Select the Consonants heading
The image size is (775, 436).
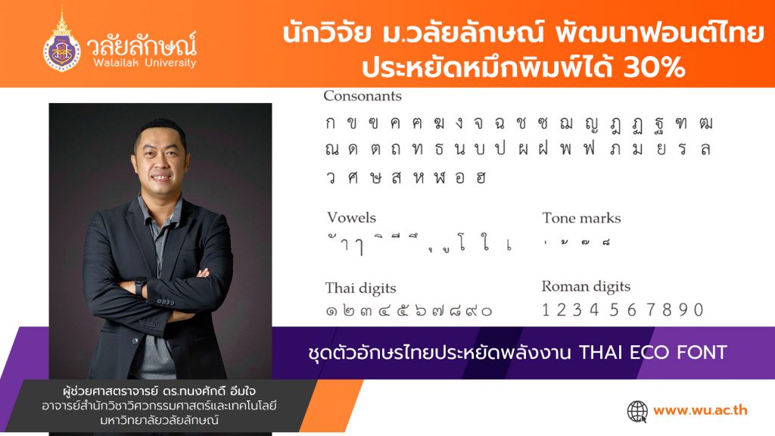coord(363,96)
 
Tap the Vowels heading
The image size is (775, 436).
coord(351,218)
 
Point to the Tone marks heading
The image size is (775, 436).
coord(581,218)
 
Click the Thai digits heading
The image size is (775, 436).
coord(360,288)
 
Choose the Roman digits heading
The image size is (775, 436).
coord(586,287)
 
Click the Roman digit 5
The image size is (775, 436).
coord(612,310)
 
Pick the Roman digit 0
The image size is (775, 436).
coord(698,310)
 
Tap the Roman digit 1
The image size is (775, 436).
coord(546,310)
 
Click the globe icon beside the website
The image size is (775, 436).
coord(637,411)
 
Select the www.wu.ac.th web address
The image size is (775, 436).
coord(700,411)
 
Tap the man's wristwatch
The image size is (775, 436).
coord(140,285)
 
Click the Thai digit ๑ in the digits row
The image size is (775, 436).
coord(331,310)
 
